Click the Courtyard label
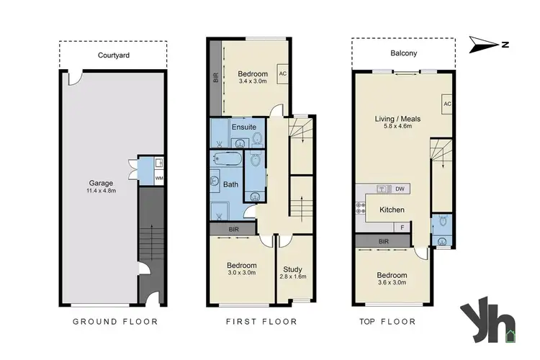pyautogui.click(x=113, y=54)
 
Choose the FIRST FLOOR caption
pyautogui.click(x=261, y=321)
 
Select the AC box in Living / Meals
pyautogui.click(x=446, y=104)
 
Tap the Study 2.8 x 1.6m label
pyautogui.click(x=294, y=272)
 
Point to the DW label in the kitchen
pyautogui.click(x=400, y=189)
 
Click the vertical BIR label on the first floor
pyautogui.click(x=215, y=78)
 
